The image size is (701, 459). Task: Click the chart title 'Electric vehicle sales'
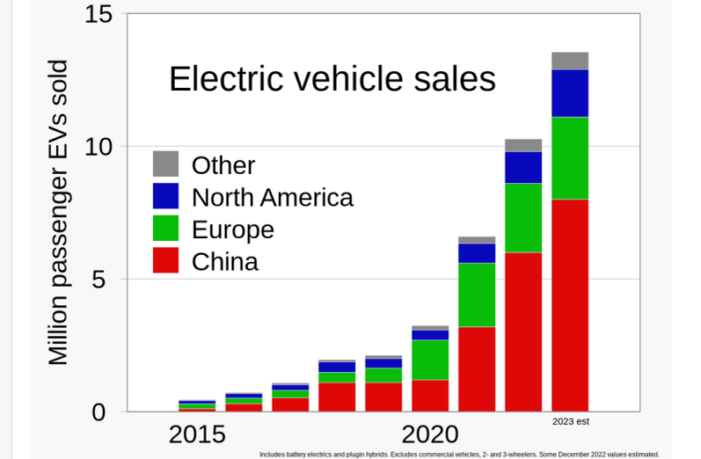point(332,80)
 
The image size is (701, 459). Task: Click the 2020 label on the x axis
point(430,435)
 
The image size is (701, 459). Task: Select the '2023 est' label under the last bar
point(570,422)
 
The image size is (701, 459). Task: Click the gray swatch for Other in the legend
point(166,164)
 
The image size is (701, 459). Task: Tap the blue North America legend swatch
point(166,196)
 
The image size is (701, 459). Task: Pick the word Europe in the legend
point(233,230)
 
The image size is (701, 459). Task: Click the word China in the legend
point(225,262)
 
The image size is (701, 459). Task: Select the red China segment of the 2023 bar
point(569,305)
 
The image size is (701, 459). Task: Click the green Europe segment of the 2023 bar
point(569,158)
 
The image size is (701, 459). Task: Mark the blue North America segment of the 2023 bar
point(569,93)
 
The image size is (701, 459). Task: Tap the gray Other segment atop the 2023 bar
point(569,60)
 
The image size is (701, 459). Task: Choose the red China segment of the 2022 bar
point(523,331)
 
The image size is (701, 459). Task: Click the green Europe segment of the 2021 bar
point(476,294)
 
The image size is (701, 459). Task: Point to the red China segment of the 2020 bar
point(429,395)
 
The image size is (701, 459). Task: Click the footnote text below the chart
point(458,453)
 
